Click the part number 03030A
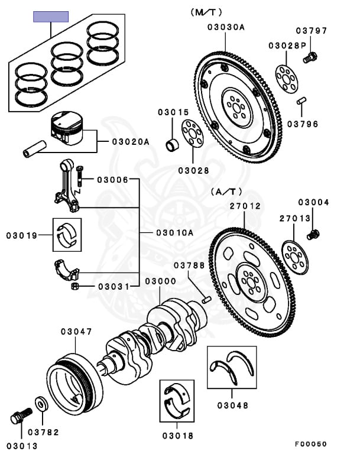[226, 27]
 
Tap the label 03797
[310, 31]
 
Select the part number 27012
[245, 206]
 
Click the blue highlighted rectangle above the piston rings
[51, 16]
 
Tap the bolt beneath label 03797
[310, 58]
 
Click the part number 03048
[232, 406]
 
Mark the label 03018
[177, 436]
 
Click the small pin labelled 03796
[301, 101]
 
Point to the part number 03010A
[174, 232]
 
